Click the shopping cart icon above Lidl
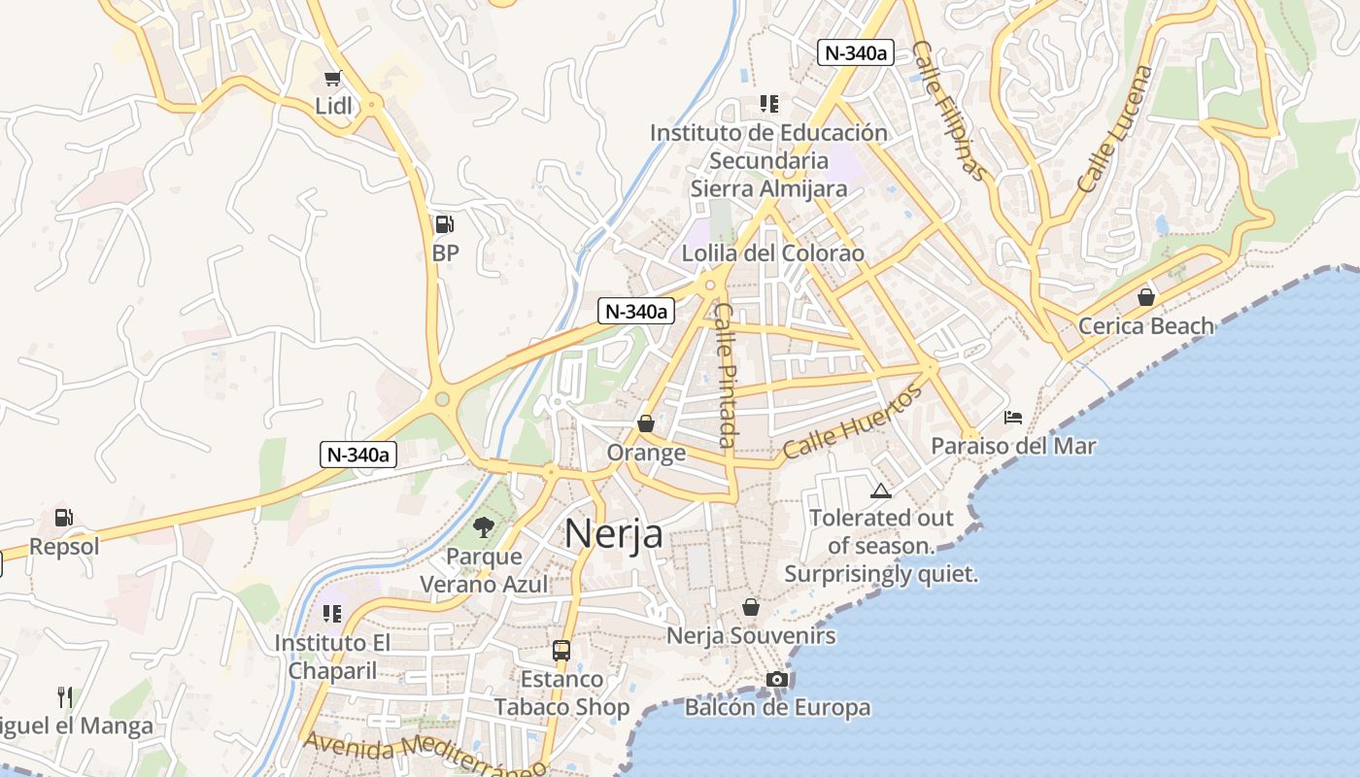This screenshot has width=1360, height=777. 333,79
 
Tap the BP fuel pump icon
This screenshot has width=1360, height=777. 444,224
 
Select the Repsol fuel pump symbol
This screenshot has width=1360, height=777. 64,519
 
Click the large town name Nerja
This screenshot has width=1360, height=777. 613,533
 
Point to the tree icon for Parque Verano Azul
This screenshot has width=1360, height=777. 483,527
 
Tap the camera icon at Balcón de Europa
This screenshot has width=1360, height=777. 777,679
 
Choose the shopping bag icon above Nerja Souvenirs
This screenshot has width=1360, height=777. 751,608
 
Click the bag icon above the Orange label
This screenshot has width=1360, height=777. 646,424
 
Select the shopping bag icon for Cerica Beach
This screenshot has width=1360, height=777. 1146,297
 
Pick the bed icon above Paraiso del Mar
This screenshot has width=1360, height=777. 1013,418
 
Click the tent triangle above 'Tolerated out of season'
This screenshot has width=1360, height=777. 880,490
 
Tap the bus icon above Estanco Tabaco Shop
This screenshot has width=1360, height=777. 561,651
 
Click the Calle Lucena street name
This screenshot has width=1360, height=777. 1115,127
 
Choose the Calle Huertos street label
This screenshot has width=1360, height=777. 852,422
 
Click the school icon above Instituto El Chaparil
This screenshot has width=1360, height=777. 332,614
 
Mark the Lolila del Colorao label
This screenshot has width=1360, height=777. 773,253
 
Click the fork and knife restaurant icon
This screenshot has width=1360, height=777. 65,696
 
